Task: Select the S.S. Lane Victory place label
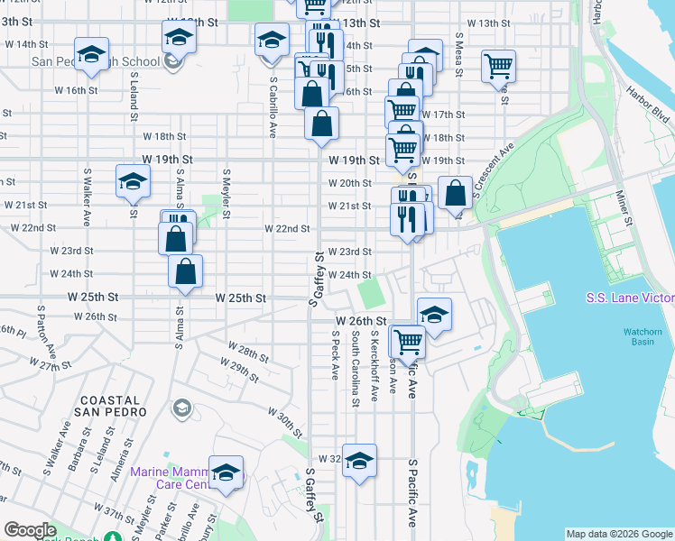pos(630,298)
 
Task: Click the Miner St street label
pos(624,206)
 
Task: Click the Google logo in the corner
pos(30,530)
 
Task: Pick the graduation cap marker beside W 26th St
pos(434,315)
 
